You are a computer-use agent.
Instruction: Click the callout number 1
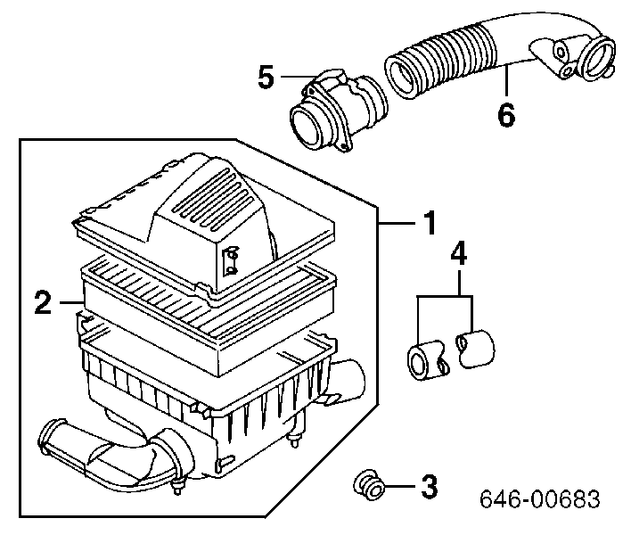429,222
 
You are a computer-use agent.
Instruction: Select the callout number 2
42,304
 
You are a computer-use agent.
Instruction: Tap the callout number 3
429,487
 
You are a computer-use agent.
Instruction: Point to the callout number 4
457,254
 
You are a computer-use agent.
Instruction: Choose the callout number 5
266,78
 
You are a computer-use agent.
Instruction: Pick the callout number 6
505,115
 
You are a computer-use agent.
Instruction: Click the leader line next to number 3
400,487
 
